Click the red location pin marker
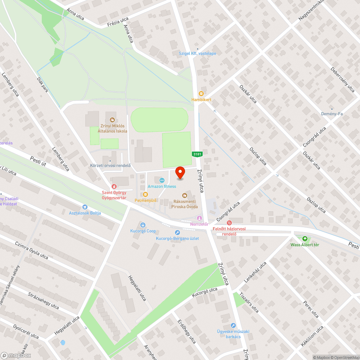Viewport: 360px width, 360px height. tap(180, 173)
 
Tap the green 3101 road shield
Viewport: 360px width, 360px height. tap(197, 154)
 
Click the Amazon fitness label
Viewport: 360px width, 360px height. tap(162, 186)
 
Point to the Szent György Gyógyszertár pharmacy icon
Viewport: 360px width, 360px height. tap(114, 186)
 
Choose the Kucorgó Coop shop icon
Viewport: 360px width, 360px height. tap(143, 225)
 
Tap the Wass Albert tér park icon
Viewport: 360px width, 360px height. tap(305, 238)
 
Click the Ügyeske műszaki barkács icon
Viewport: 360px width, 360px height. tap(233, 325)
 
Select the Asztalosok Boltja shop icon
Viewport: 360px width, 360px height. tap(85, 207)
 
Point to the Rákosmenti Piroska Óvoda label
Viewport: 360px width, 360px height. tap(184, 204)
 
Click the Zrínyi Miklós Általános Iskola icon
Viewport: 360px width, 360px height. tap(112, 120)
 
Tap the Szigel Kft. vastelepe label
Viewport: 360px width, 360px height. tap(198, 53)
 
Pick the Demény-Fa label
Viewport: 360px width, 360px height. tap(332, 114)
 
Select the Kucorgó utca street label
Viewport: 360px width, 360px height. tap(204, 292)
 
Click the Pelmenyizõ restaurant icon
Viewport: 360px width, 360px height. tap(145, 194)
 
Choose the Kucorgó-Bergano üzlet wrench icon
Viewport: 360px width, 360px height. tap(177, 233)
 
